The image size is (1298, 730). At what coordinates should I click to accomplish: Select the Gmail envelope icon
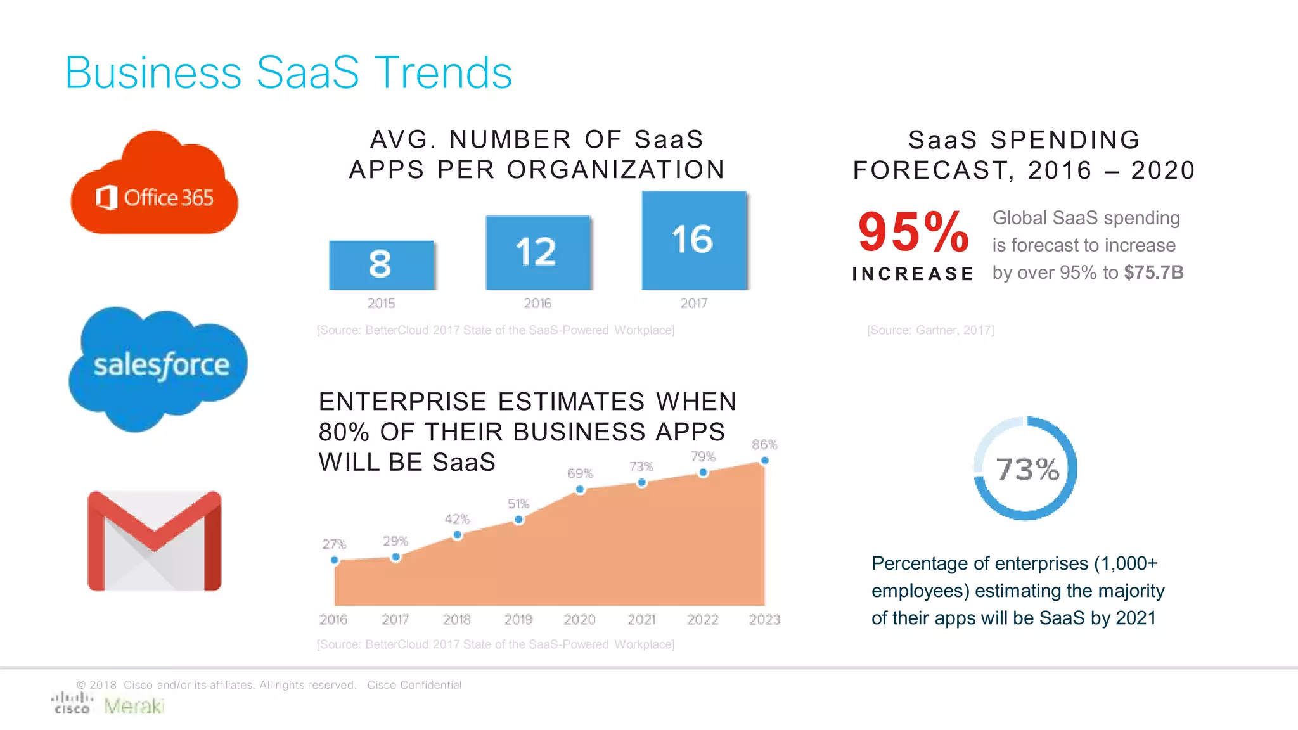pos(154,541)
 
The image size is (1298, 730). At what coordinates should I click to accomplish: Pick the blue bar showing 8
pos(382,265)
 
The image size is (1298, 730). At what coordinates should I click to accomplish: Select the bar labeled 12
pos(537,252)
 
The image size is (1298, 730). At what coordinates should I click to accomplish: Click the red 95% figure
pos(913,232)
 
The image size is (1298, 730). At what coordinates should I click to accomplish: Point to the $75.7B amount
pos(1153,272)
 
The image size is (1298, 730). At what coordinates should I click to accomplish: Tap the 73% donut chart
pos(1025,468)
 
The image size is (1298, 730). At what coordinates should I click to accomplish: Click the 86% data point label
pos(764,445)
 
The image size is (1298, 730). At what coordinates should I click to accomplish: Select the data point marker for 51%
pos(518,520)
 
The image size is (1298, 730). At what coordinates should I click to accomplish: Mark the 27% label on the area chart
pos(334,544)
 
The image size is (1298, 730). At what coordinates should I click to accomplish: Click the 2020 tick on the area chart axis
pos(579,619)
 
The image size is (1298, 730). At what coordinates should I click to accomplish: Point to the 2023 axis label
pos(764,619)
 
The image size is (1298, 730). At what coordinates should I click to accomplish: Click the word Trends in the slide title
pos(443,73)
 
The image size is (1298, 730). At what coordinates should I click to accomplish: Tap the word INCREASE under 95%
pos(913,274)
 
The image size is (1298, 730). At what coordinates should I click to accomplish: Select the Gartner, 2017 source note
pos(930,330)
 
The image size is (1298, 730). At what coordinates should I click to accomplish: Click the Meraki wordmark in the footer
pos(134,705)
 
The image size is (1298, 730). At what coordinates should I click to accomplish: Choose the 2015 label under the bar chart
pos(381,304)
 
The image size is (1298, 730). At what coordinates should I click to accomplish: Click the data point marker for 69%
pos(580,489)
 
